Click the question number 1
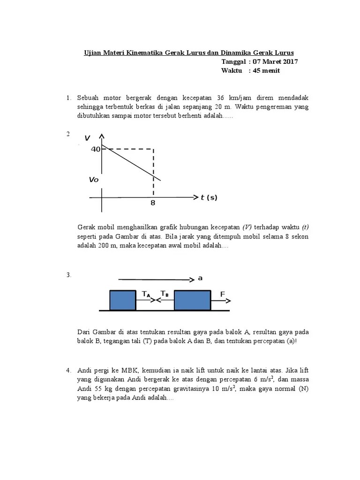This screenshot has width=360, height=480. (68, 98)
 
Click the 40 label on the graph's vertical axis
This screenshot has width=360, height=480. (96, 149)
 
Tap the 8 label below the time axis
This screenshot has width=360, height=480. (153, 203)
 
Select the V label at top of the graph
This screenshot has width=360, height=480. (88, 138)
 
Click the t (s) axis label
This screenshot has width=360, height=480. (209, 198)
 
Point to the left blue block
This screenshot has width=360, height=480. (122, 300)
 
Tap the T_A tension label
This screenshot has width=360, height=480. (146, 294)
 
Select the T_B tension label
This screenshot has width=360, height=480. (165, 294)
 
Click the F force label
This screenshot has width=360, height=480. (223, 294)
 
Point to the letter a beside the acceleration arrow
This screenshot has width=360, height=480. (200, 278)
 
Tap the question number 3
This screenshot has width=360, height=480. (68, 275)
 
